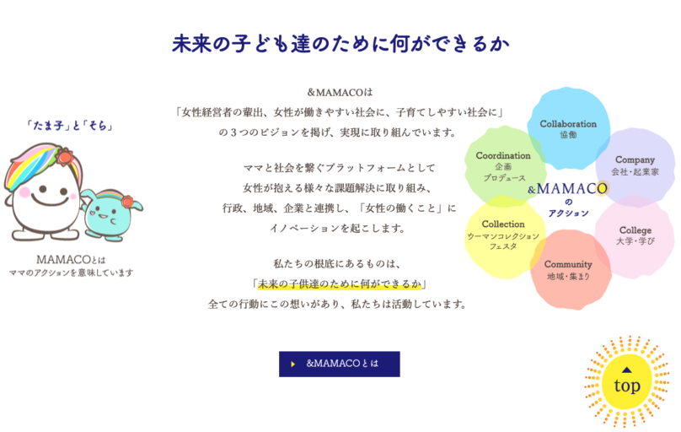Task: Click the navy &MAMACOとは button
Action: pyautogui.click(x=339, y=364)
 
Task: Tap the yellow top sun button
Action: pyautogui.click(x=626, y=381)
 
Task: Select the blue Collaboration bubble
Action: pyautogui.click(x=569, y=128)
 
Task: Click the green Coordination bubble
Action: pyautogui.click(x=504, y=166)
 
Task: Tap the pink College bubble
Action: pyautogui.click(x=635, y=236)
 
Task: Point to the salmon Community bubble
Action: pyautogui.click(x=570, y=269)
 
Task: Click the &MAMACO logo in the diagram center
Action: pyautogui.click(x=568, y=189)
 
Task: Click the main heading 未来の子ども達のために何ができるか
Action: pyautogui.click(x=340, y=44)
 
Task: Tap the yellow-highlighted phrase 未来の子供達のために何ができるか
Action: pyautogui.click(x=340, y=283)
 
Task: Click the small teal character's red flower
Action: pyautogui.click(x=127, y=202)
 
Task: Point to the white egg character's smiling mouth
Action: pyautogui.click(x=50, y=201)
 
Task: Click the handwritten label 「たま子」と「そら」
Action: pyautogui.click(x=69, y=126)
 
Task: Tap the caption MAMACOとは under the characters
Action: pyautogui.click(x=71, y=260)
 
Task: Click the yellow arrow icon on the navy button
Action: pyautogui.click(x=293, y=364)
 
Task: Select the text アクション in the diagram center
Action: pyautogui.click(x=568, y=213)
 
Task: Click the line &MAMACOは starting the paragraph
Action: pyautogui.click(x=340, y=92)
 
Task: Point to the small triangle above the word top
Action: pyautogui.click(x=626, y=370)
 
